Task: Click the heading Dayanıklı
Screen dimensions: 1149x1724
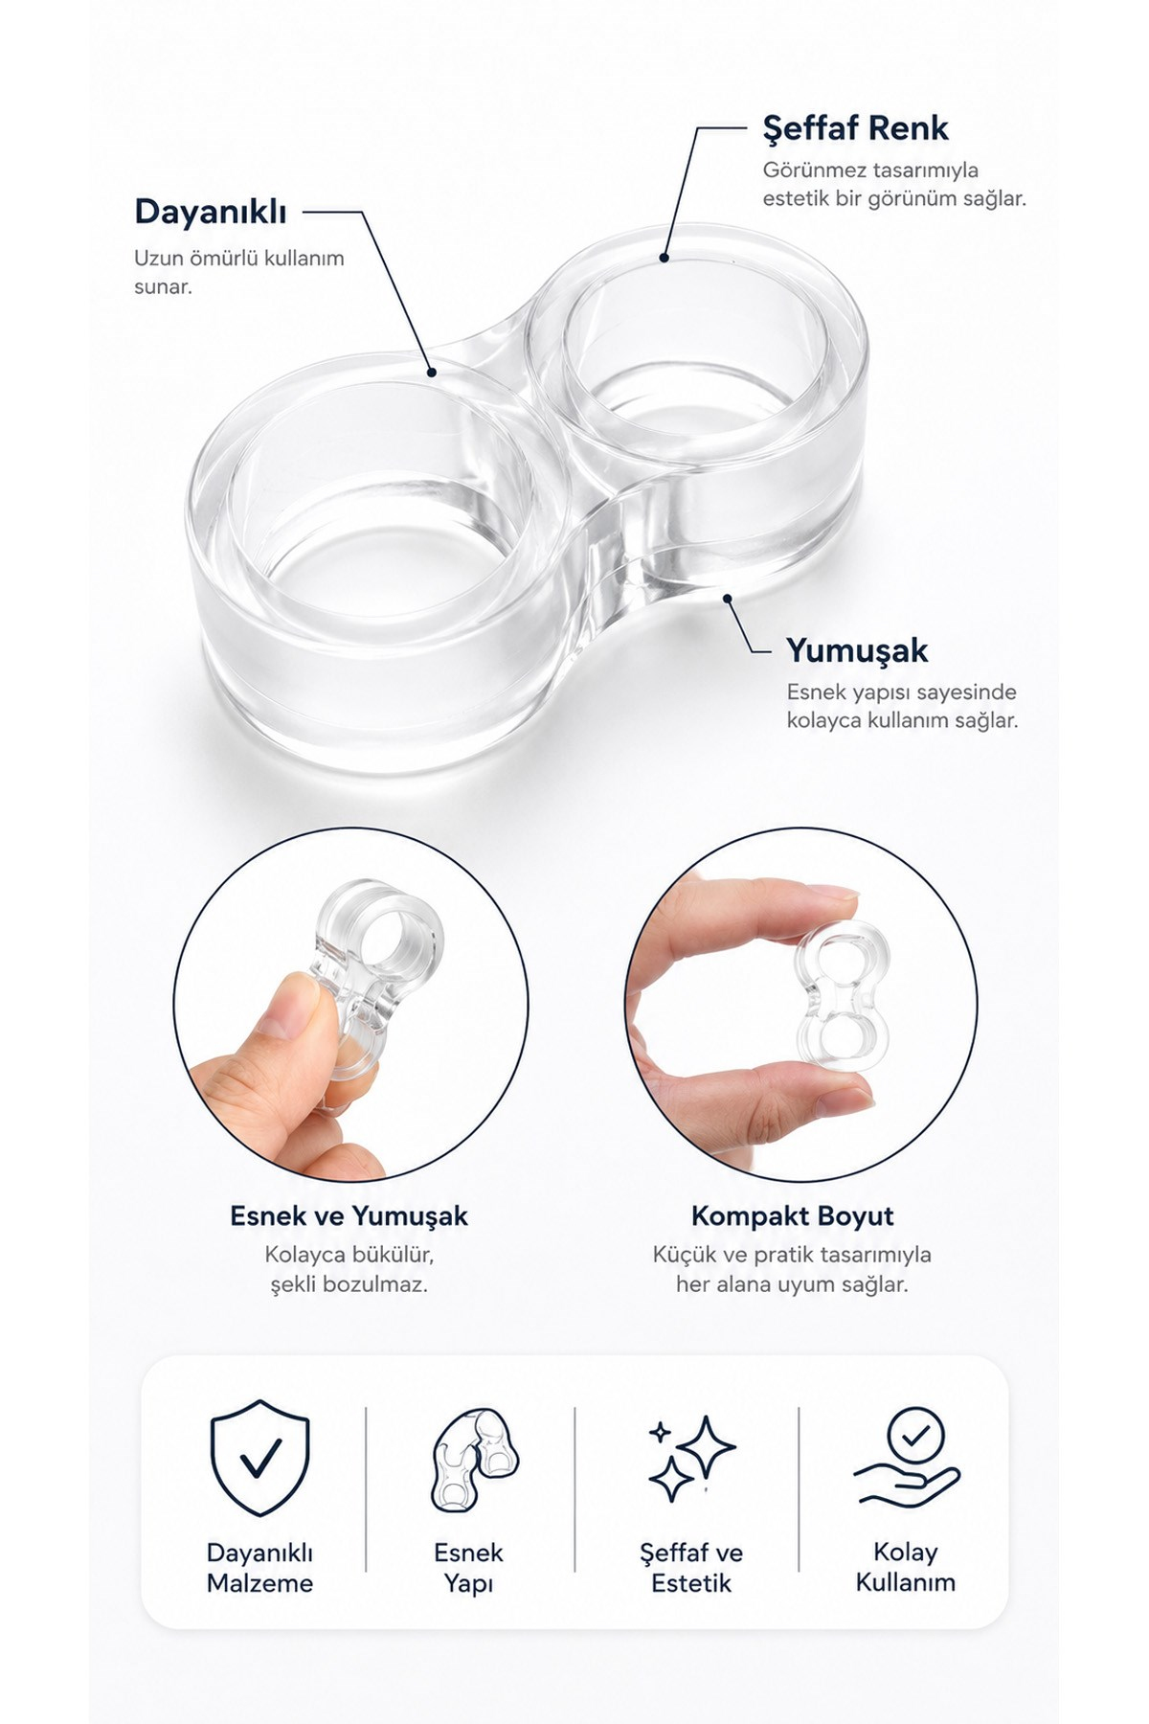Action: tap(211, 212)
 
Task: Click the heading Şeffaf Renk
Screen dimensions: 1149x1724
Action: tap(855, 127)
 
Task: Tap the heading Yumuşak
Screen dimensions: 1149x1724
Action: tap(857, 651)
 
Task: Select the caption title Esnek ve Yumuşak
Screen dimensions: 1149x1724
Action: tap(349, 1216)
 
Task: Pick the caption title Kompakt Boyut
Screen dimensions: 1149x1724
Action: tap(792, 1216)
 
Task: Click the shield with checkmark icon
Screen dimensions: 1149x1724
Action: tap(260, 1459)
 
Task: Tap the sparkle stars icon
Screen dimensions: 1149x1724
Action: tap(691, 1458)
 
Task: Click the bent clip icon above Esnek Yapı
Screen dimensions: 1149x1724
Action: tap(472, 1460)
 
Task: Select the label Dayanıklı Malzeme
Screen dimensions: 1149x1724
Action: tap(259, 1568)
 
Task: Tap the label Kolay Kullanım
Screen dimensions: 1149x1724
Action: tap(906, 1567)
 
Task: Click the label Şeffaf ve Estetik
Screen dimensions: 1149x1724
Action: tap(691, 1568)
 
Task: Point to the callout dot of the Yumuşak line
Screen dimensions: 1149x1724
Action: tap(728, 599)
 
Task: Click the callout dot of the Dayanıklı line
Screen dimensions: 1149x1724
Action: tap(432, 372)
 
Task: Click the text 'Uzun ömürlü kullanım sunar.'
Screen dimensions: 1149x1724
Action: tap(239, 272)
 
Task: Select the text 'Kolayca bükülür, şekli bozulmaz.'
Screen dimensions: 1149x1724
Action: tap(349, 1269)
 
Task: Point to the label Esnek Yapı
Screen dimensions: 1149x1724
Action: tap(468, 1568)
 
